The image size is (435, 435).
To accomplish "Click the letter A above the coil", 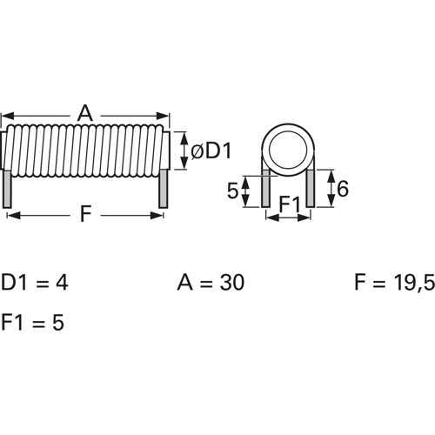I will point(84,112).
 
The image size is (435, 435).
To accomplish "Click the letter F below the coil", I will point(85,214).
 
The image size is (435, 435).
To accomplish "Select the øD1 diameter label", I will point(211,151).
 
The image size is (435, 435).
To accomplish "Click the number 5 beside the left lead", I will point(232,191).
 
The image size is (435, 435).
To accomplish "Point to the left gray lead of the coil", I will point(8,188).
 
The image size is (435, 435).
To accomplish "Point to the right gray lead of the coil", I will point(162,188).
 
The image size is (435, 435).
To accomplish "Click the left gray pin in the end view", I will point(265,188).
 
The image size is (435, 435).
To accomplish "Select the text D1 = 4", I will point(34,283).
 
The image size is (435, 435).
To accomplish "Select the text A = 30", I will point(211,283).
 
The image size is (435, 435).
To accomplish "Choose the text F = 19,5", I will point(393,283).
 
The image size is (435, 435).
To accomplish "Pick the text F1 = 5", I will point(32,322).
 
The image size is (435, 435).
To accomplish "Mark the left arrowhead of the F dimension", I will point(10,215).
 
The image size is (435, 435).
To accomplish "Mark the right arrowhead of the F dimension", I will point(159,215).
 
